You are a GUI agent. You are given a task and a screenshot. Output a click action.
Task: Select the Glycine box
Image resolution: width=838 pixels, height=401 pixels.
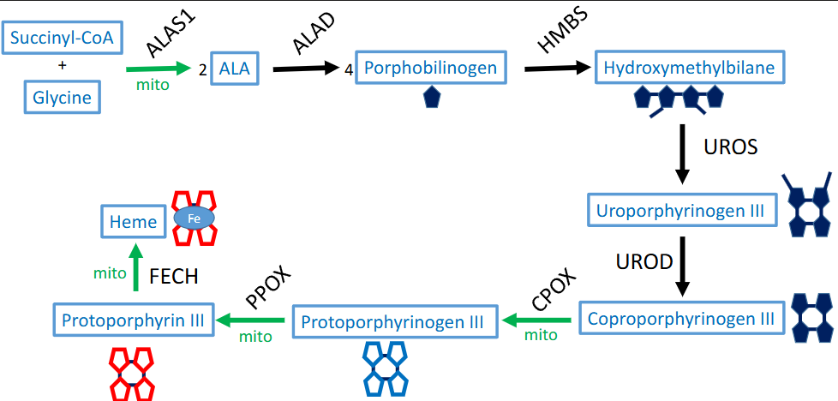click(x=62, y=97)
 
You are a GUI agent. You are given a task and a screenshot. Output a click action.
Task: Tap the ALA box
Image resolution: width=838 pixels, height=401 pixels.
click(x=235, y=69)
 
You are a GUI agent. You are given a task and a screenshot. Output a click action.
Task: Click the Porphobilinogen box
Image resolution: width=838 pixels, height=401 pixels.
click(x=431, y=68)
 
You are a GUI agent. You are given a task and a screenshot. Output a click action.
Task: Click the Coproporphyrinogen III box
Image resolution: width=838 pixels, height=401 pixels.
click(x=681, y=318)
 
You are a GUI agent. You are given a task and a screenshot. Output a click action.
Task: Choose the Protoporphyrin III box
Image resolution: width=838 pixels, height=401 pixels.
click(x=133, y=320)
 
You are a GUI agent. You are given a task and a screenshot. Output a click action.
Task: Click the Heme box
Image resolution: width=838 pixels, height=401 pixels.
click(x=133, y=222)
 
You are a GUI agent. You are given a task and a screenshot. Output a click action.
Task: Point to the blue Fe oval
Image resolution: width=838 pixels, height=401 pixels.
click(x=195, y=219)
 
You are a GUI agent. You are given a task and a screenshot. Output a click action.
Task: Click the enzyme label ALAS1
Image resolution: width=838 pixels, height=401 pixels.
click(x=167, y=33)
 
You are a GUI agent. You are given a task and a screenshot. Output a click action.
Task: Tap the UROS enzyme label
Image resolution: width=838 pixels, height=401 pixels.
click(x=730, y=147)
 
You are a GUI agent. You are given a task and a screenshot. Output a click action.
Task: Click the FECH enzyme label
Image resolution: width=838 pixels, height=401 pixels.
click(x=174, y=276)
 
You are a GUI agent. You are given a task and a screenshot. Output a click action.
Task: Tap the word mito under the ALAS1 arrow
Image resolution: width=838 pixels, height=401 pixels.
click(x=153, y=85)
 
